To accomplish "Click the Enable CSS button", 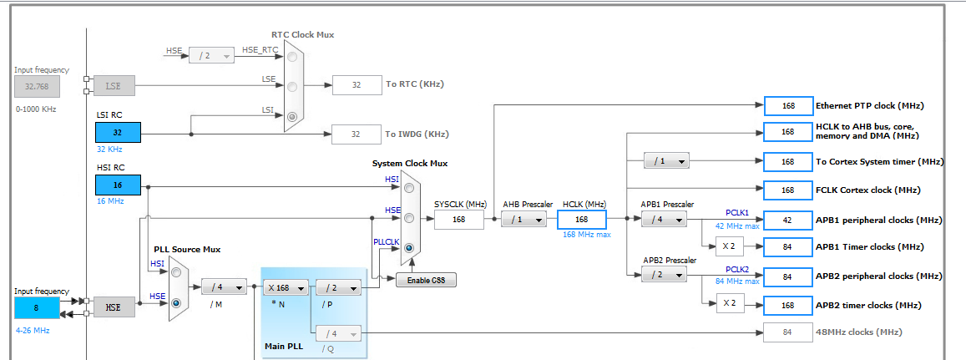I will coord(426,280).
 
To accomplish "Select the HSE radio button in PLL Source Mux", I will coord(175,304).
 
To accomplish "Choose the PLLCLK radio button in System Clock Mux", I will coord(409,247).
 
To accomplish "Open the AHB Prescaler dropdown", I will coord(525,220).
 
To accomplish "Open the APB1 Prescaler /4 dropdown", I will coord(665,220).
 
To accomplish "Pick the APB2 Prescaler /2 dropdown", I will coord(665,275).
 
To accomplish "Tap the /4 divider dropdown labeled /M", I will coord(224,286).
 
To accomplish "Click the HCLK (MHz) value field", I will coord(581,220).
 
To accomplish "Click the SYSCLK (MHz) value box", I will coord(458,220).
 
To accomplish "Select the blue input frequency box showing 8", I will coord(37,307).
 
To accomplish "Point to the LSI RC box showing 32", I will coord(118,132).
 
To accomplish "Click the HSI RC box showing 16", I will coord(118,185).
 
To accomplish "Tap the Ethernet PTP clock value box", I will coord(787,105).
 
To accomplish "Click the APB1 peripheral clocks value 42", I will coord(787,220).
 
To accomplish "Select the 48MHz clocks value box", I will coord(787,333).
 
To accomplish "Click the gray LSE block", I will coord(112,85).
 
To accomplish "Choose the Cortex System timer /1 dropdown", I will coord(665,161).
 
